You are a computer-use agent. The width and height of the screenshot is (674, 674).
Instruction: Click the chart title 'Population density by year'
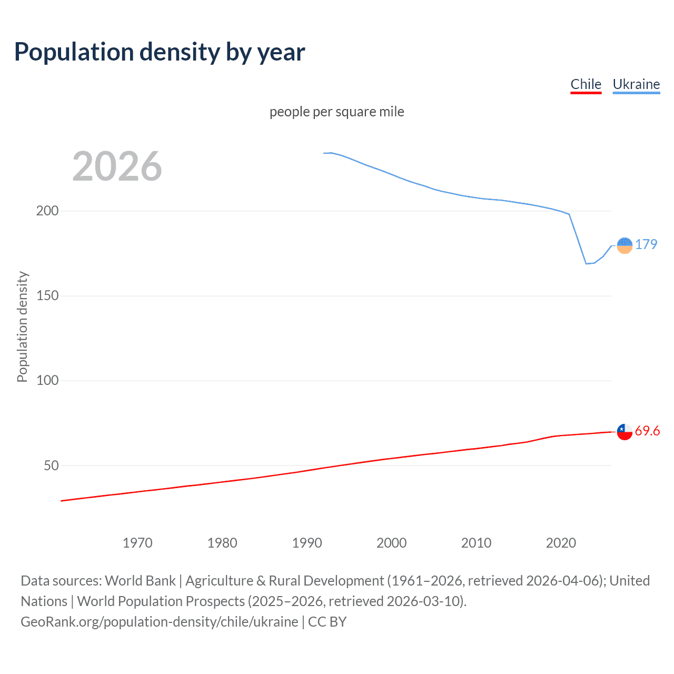pyautogui.click(x=160, y=52)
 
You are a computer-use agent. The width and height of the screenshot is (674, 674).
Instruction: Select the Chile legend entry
pyautogui.click(x=586, y=84)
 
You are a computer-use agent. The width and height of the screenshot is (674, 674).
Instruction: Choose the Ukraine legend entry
pyautogui.click(x=636, y=84)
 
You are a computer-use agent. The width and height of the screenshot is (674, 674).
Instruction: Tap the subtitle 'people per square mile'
pyautogui.click(x=336, y=112)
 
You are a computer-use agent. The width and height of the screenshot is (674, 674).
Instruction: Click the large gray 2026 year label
pyautogui.click(x=117, y=166)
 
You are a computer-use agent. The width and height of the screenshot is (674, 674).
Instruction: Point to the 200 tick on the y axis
pyautogui.click(x=47, y=211)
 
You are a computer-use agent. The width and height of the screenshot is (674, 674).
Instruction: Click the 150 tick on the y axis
pyautogui.click(x=47, y=295)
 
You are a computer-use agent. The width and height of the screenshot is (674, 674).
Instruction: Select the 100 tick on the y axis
pyautogui.click(x=47, y=380)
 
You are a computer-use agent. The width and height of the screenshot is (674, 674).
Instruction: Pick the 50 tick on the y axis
pyautogui.click(x=51, y=465)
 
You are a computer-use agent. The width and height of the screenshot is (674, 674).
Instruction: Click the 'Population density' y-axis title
pyautogui.click(x=22, y=326)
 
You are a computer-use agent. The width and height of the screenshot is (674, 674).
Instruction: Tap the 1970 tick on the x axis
pyautogui.click(x=137, y=543)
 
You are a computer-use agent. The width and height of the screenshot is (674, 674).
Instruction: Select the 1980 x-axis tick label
pyautogui.click(x=222, y=543)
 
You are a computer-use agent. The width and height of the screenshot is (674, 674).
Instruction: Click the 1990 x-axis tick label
pyautogui.click(x=307, y=543)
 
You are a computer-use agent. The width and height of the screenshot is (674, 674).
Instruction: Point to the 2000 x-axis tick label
pyautogui.click(x=391, y=543)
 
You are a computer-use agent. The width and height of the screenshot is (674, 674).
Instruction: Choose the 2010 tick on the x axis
pyautogui.click(x=476, y=543)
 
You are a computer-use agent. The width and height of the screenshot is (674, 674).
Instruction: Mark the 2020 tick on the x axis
pyautogui.click(x=561, y=543)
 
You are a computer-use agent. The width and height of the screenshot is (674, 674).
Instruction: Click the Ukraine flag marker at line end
pyautogui.click(x=625, y=245)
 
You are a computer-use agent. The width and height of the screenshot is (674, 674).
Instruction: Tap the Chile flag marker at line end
pyautogui.click(x=625, y=432)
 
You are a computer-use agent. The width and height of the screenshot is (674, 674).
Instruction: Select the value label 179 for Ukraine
pyautogui.click(x=646, y=244)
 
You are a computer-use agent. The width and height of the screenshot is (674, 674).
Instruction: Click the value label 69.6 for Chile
pyautogui.click(x=647, y=431)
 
